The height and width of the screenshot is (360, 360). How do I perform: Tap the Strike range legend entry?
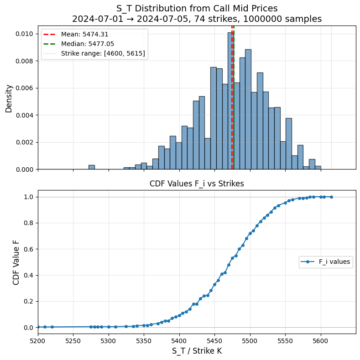pos(94,53)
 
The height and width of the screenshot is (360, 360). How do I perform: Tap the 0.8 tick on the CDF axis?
pos(29,223)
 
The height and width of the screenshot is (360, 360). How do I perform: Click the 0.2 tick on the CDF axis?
pos(29,301)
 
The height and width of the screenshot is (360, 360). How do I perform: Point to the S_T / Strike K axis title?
pos(197,351)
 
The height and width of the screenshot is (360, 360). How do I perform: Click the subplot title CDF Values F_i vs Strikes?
pos(197,184)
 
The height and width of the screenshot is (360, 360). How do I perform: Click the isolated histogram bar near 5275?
pos(92,167)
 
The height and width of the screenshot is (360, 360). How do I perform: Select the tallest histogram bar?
pos(231,100)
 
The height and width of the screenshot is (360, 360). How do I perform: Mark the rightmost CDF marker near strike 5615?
pos(331,197)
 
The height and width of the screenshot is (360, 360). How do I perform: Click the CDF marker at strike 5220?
pos(52,327)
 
